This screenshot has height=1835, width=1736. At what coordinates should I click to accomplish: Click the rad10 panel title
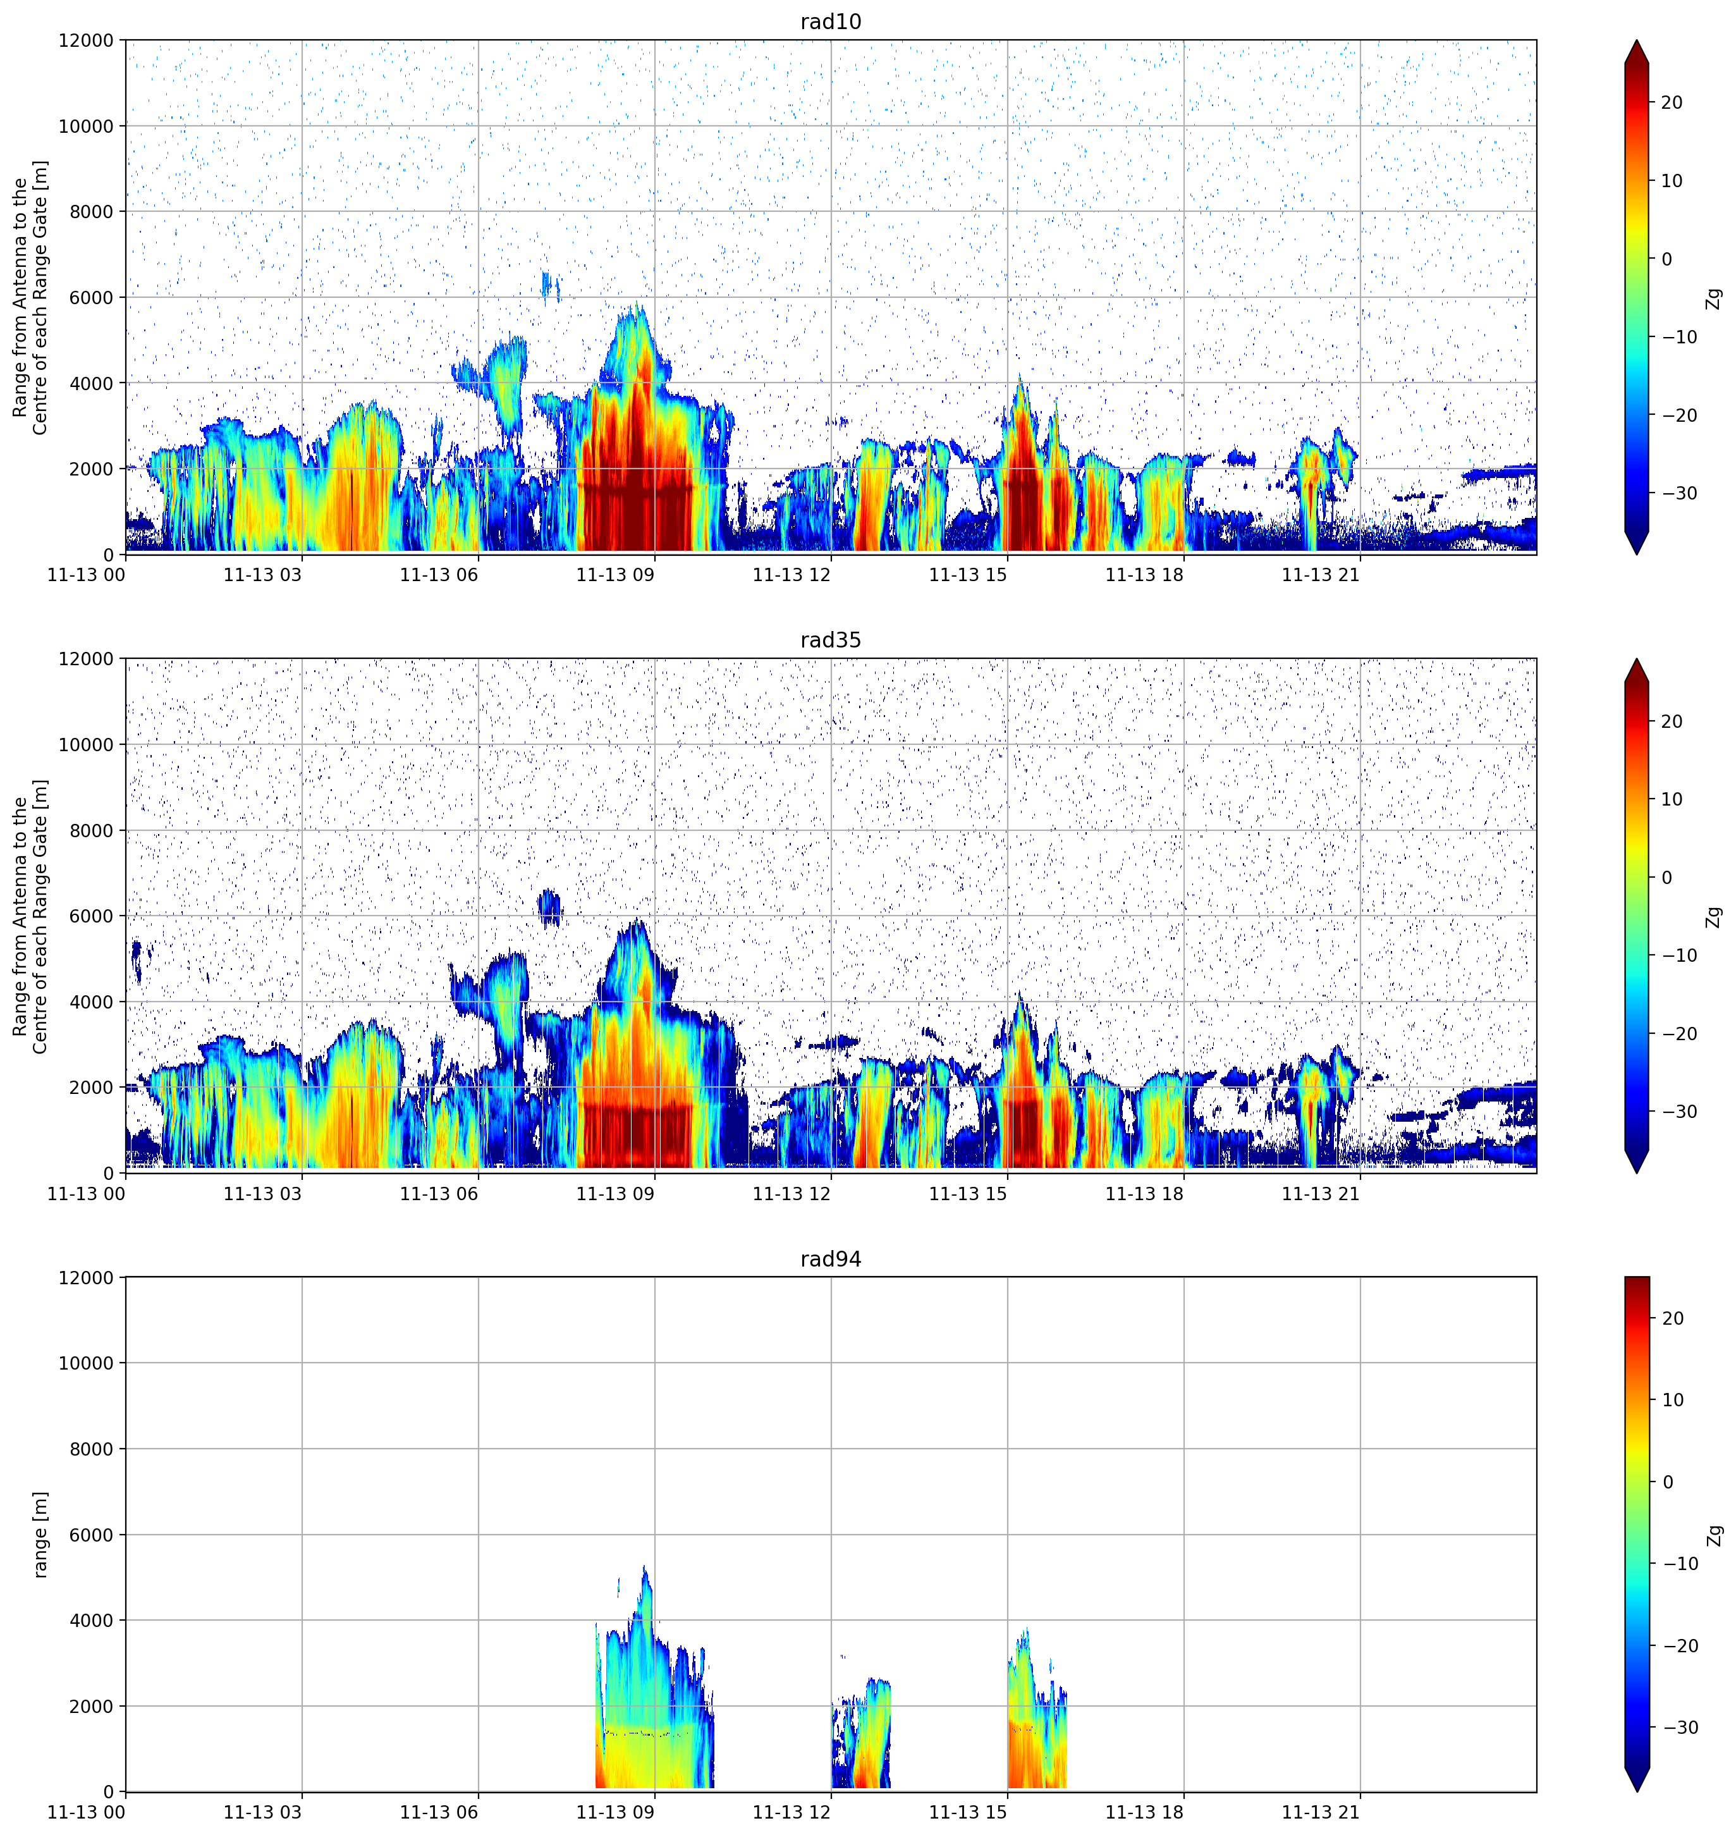(x=830, y=21)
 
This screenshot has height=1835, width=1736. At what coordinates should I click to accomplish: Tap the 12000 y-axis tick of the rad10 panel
(x=86, y=40)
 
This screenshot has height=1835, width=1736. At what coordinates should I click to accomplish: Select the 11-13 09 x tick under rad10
(x=615, y=575)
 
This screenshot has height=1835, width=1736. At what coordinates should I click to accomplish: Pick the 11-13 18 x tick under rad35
(x=1145, y=1194)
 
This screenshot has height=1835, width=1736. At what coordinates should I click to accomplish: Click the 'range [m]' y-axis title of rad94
(x=40, y=1534)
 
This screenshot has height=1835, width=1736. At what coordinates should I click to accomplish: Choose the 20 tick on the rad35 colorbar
(x=1672, y=721)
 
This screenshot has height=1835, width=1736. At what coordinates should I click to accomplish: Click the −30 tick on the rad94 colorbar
(x=1680, y=1728)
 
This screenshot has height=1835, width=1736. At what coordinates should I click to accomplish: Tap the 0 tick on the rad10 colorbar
(x=1666, y=259)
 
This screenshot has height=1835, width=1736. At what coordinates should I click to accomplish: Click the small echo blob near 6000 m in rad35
(x=551, y=907)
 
